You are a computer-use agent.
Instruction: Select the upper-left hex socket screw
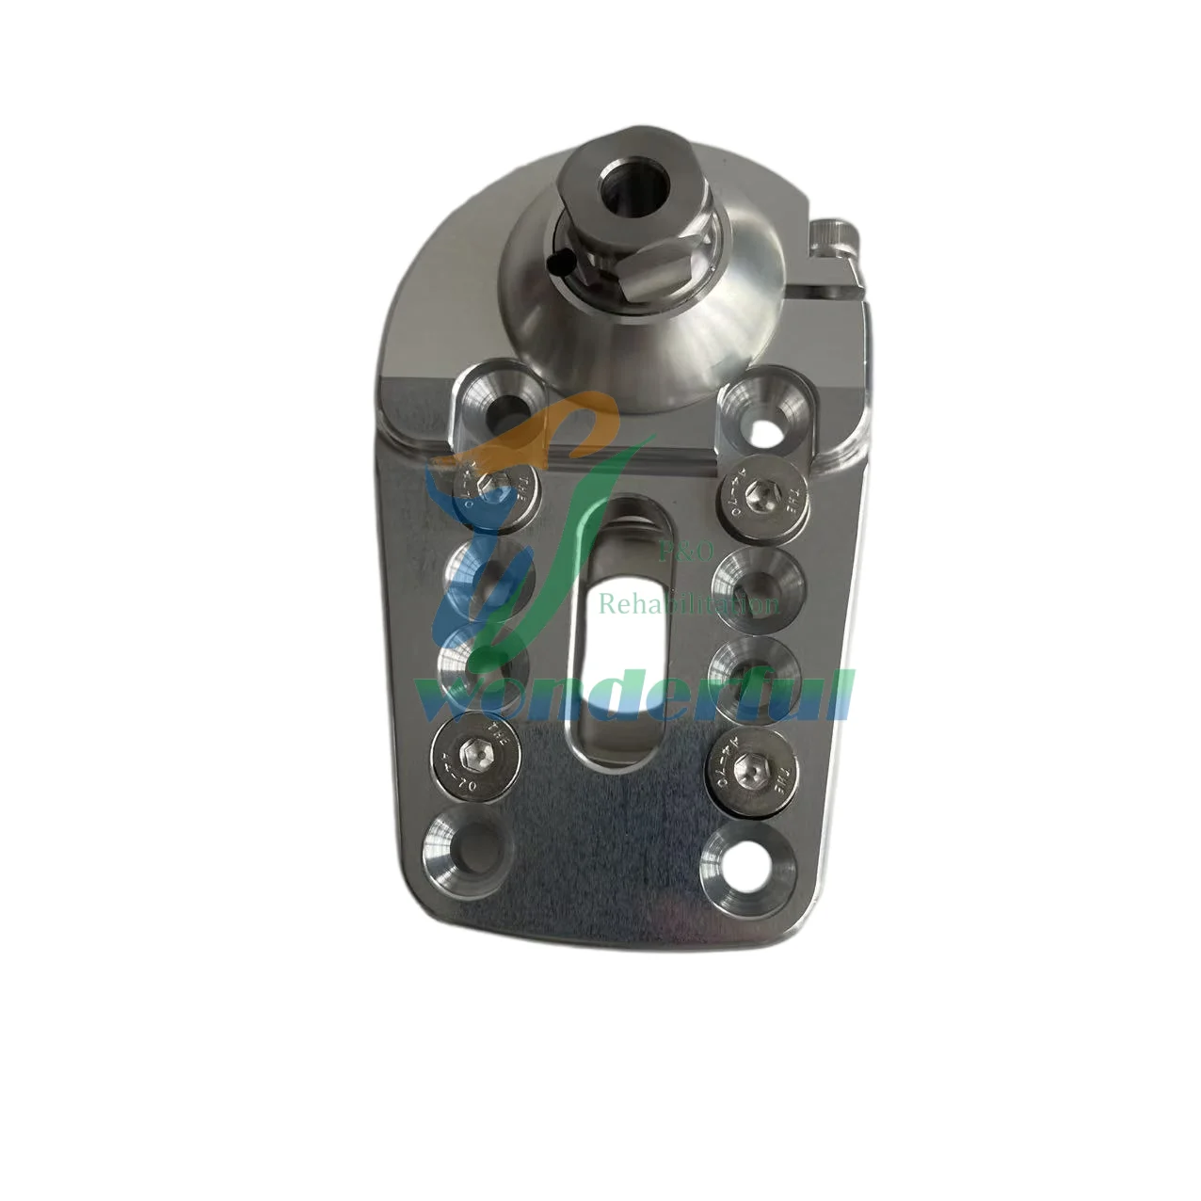(488, 490)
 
